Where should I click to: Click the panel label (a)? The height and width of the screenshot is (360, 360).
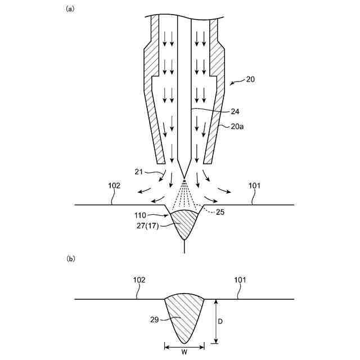point(70,8)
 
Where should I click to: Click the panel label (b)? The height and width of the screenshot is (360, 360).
point(70,259)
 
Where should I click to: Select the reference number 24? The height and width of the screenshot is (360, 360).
point(235,111)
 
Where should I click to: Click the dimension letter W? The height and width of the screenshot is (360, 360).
point(184,353)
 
